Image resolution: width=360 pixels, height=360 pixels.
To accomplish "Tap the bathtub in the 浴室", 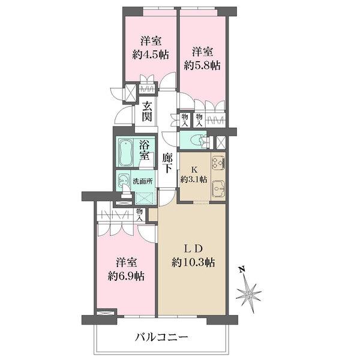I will coord(126,153).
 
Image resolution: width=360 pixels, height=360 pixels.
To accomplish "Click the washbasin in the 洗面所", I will coord(124,180).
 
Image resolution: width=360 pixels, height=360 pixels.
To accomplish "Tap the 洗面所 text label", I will coord(143,181).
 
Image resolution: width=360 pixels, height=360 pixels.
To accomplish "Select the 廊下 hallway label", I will coord(168,164).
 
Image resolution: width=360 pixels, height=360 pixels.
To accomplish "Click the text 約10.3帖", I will coord(194,262).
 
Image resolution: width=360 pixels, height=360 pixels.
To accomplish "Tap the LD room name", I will coord(193,247).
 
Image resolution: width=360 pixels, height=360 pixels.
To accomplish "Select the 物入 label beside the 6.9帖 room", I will coord(140,214).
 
